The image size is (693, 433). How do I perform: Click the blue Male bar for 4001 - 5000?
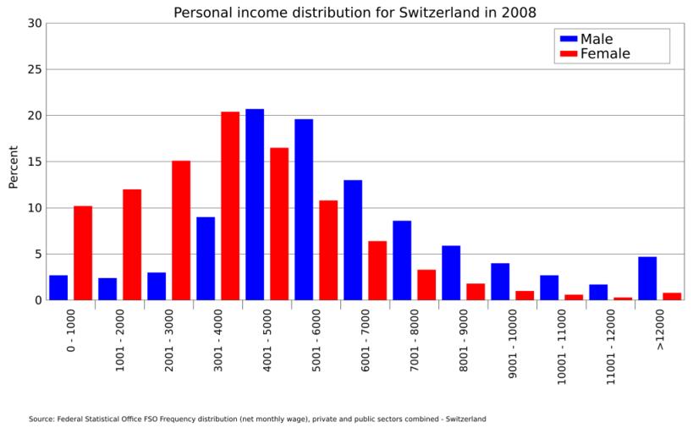(255, 205)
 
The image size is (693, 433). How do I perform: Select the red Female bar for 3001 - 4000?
(230, 206)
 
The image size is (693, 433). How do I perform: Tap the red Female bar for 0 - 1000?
(83, 253)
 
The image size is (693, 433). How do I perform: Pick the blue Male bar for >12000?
(647, 278)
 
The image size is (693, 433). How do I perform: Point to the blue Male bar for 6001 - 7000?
(353, 240)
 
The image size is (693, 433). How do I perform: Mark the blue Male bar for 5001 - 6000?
(304, 210)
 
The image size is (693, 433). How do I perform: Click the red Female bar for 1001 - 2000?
(132, 244)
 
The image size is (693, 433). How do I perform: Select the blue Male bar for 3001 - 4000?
(206, 259)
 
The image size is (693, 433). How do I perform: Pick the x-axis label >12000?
(660, 330)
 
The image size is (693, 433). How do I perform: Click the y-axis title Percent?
(14, 167)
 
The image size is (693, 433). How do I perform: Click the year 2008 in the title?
(518, 13)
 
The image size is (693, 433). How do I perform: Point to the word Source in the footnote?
(41, 419)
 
